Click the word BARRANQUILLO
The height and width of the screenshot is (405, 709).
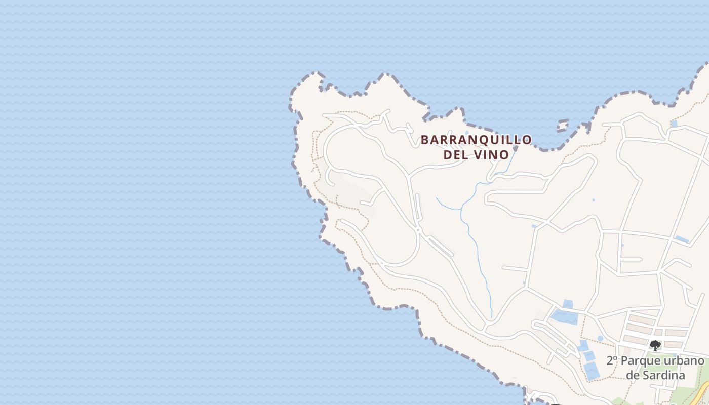pos(476,140)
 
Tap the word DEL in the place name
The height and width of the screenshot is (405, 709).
pos(455,155)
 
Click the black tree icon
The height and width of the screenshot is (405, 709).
pos(655,346)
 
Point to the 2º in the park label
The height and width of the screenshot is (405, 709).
pos(612,361)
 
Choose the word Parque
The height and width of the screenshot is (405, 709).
pos(638,361)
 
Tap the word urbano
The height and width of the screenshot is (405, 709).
pos(681,361)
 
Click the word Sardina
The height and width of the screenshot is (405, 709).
pos(663,375)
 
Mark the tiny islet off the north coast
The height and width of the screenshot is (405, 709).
pos(562,125)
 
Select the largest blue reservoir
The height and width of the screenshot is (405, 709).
pos(564,317)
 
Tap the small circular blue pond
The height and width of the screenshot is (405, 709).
pos(600,338)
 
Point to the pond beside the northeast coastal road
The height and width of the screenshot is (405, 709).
pos(674,124)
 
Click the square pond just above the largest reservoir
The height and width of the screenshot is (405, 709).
pos(568,304)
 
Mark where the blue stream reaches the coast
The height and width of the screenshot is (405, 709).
pos(515,149)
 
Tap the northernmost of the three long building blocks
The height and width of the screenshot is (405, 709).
pos(642,320)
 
